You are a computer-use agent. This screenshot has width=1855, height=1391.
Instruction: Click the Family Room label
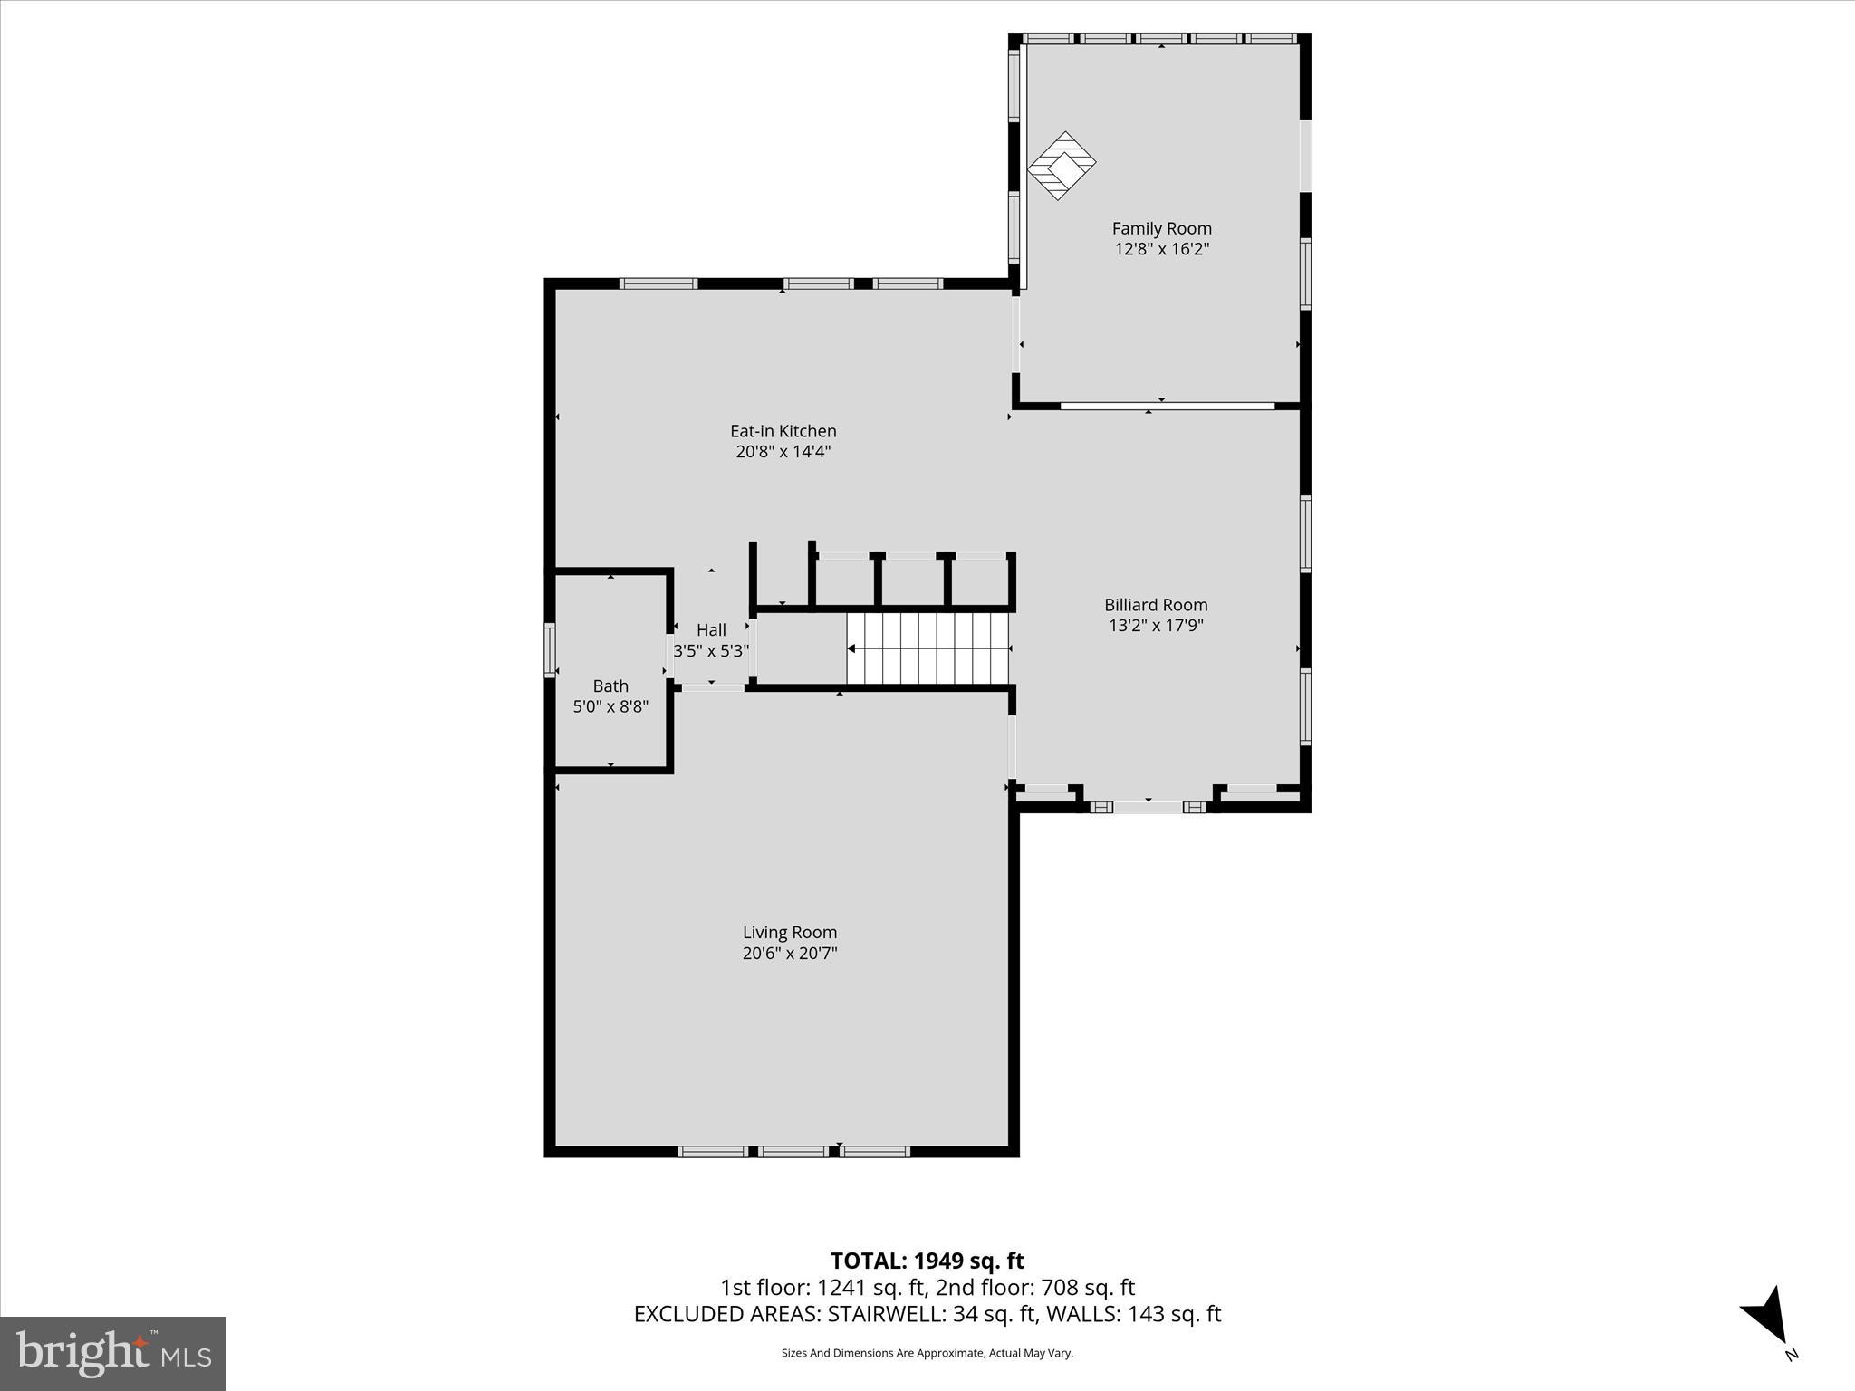click(1161, 229)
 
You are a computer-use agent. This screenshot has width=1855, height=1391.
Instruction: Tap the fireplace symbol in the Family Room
click(1061, 166)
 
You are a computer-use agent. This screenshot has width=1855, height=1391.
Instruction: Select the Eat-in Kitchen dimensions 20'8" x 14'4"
click(783, 452)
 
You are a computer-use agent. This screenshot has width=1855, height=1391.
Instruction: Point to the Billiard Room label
click(1156, 605)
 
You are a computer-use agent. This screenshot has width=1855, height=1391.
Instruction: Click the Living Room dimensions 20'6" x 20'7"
click(789, 953)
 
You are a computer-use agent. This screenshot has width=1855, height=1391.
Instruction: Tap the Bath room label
click(610, 686)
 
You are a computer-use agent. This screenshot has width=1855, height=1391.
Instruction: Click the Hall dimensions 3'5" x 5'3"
click(711, 650)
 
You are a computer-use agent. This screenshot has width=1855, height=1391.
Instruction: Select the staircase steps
click(927, 649)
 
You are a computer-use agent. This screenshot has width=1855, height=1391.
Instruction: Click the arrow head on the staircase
click(851, 648)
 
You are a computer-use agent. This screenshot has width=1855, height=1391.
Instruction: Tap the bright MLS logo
click(113, 1353)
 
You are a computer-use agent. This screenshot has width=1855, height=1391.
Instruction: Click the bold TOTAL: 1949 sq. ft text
click(927, 1261)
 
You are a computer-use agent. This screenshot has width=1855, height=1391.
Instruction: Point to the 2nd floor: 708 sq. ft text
click(1034, 1287)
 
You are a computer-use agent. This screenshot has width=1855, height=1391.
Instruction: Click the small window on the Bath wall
click(549, 650)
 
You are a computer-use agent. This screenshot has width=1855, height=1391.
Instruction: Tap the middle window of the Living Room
click(793, 1152)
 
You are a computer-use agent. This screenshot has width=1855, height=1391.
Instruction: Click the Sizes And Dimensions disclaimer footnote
click(927, 1353)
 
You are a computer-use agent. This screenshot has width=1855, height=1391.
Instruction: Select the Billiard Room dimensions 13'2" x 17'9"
click(1156, 625)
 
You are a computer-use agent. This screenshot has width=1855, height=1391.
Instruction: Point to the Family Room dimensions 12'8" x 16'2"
click(1161, 249)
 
